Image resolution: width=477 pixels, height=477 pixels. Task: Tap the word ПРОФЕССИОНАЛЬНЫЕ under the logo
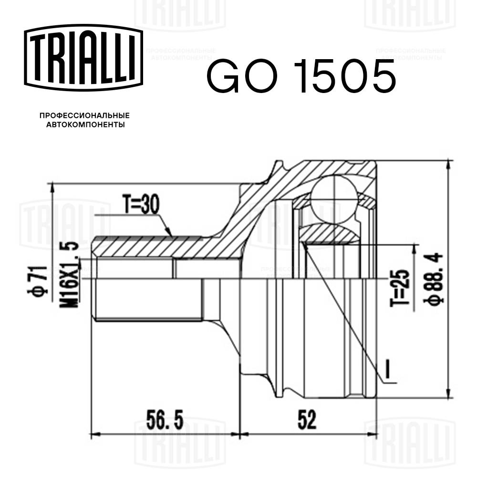point(84,115)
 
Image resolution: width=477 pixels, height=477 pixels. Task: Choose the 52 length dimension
point(307,421)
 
